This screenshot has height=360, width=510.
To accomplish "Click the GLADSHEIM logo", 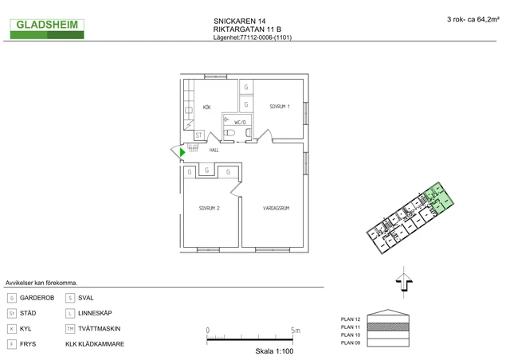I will [x=49, y=29].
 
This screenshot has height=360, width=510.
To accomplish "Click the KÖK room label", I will [x=206, y=107].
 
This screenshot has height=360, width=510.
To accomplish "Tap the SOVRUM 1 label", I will [x=279, y=107].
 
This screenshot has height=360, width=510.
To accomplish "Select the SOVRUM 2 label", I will [x=209, y=209].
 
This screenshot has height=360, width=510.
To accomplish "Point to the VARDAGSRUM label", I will [x=276, y=209].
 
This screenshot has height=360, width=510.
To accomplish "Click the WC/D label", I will [x=241, y=122].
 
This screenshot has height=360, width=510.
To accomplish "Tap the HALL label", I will [x=214, y=150].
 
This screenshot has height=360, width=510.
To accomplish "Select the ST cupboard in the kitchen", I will [x=199, y=135].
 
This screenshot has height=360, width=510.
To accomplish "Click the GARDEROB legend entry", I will [x=36, y=298].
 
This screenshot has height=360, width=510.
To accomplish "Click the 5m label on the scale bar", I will [x=295, y=330].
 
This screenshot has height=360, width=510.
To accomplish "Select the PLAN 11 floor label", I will [x=351, y=327].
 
